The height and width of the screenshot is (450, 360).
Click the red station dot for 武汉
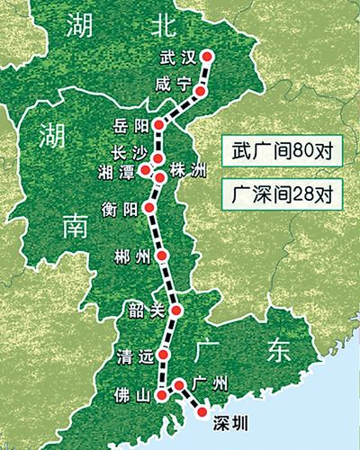click(x=209, y=56)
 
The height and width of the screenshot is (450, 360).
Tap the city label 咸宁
click(x=171, y=84)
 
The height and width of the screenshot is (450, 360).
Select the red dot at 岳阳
click(x=158, y=125)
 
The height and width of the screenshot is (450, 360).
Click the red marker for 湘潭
click(x=146, y=166)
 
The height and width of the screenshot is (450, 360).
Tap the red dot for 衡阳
click(x=150, y=207)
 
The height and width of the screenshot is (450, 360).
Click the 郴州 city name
click(x=133, y=256)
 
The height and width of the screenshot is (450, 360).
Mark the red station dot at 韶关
click(x=176, y=310)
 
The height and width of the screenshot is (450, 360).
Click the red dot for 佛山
click(x=160, y=394)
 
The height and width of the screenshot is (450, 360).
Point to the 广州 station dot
click(x=179, y=384)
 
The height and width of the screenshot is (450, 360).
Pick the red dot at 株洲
click(x=160, y=177)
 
